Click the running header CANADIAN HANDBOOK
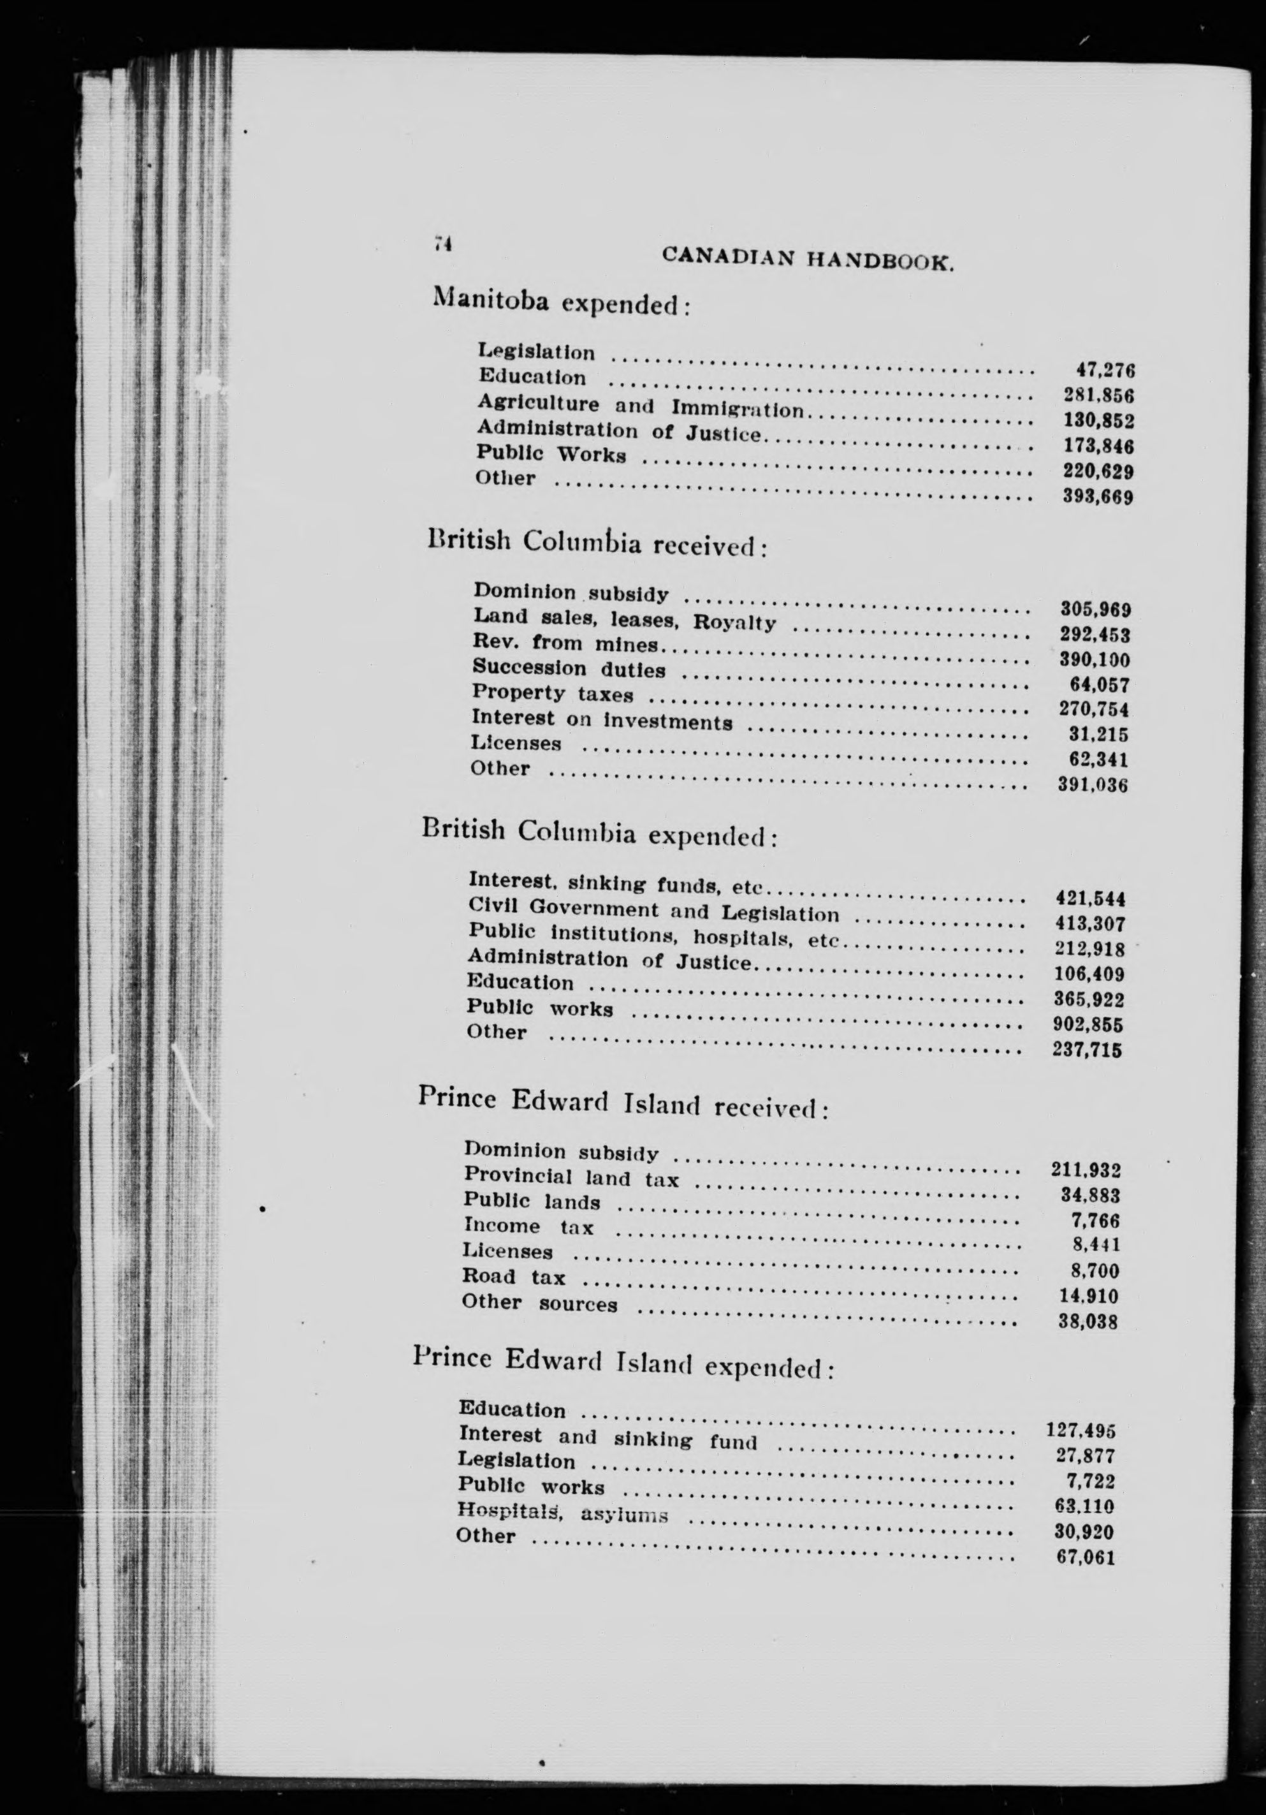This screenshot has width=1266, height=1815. coord(808,257)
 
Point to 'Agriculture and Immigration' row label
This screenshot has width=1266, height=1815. coord(640,406)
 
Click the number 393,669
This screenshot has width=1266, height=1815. coord(1098,497)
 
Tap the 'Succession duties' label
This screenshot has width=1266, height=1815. coord(569,669)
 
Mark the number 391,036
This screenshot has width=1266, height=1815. coord(1093,785)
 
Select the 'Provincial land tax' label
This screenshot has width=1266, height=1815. coord(571,1178)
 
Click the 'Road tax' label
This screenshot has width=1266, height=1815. coord(514,1277)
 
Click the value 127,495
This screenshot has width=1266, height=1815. coord(1080,1430)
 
